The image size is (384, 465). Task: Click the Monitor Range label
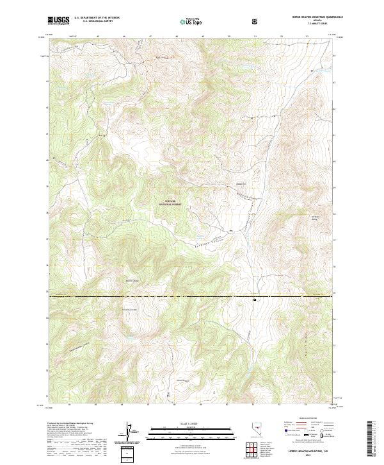tap(132, 280)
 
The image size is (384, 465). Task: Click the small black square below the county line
tap(255, 299)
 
